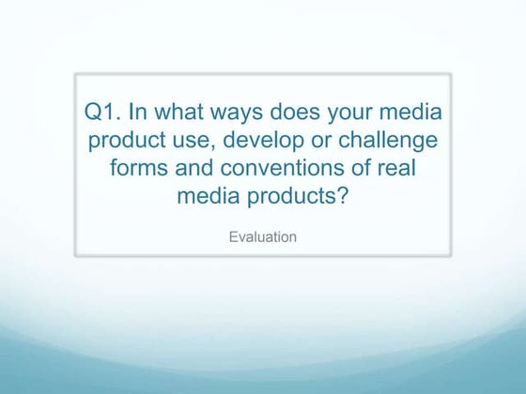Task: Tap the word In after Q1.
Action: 139,114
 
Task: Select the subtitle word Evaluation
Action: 263,236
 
